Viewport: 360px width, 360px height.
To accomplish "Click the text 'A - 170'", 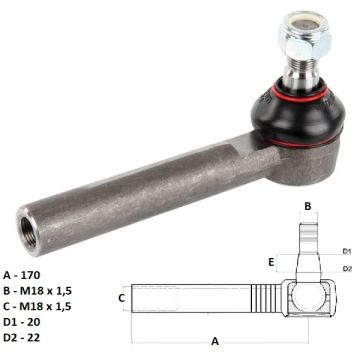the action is tap(22, 275).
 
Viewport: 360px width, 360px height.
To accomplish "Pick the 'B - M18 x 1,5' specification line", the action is tap(37, 291).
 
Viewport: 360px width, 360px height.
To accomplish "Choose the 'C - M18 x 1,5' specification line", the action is tap(37, 306).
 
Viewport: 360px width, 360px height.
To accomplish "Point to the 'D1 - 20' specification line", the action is tap(22, 322).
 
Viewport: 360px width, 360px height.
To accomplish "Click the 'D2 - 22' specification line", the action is tap(22, 338).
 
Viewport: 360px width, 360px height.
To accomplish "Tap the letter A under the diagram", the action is tap(215, 341).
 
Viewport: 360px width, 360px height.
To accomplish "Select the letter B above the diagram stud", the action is tap(308, 206).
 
